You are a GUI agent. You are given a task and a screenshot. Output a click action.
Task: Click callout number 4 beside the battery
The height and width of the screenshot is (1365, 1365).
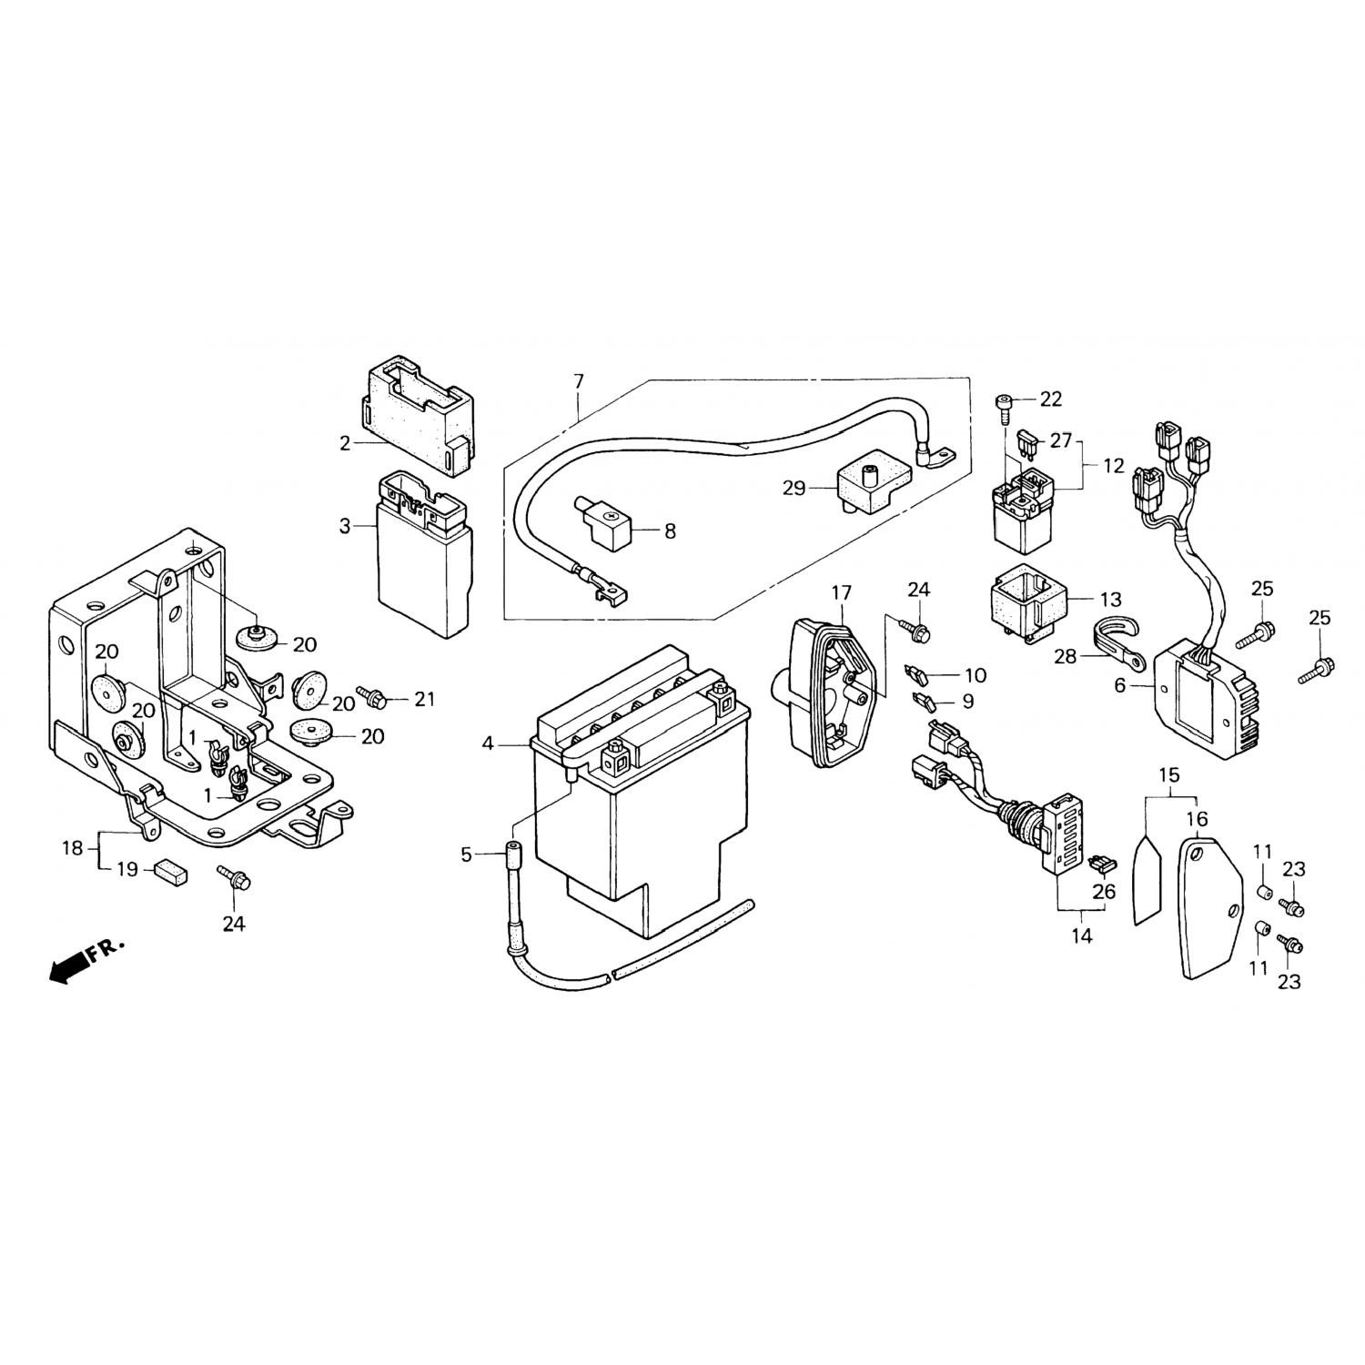tap(488, 744)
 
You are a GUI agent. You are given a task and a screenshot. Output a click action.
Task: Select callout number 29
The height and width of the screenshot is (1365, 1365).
tap(794, 489)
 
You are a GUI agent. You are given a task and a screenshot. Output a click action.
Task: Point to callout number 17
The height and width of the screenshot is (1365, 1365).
tap(841, 593)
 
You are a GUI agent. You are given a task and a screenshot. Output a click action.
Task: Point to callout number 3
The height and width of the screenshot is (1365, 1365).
tap(345, 526)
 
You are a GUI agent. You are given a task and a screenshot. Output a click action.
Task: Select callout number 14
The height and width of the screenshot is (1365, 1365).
tap(1081, 935)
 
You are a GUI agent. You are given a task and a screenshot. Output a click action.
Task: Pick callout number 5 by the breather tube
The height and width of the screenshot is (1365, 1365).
tap(467, 854)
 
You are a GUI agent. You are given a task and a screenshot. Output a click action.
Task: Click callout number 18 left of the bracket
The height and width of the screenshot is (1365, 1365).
tap(72, 848)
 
